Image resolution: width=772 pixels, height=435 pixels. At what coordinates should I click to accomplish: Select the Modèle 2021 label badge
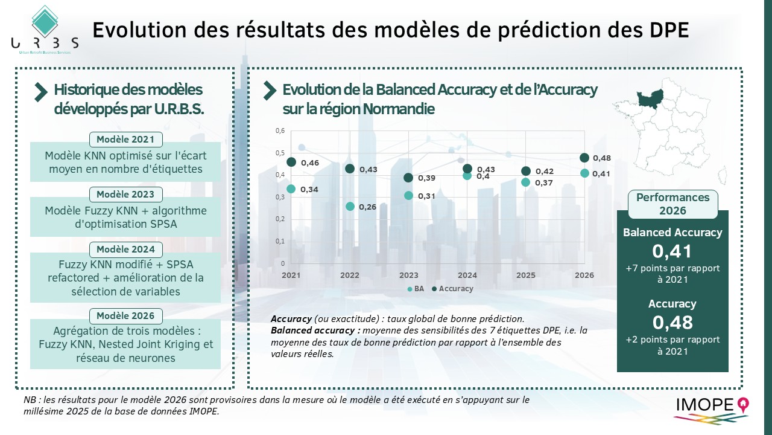[125, 140]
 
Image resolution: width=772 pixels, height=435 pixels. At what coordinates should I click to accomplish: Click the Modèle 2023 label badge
[125, 195]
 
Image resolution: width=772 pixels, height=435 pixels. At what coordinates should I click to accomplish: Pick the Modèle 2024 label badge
[125, 250]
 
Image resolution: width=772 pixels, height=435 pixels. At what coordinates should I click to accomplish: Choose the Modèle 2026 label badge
[125, 316]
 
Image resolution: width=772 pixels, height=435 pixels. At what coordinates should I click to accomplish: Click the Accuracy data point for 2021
[291, 162]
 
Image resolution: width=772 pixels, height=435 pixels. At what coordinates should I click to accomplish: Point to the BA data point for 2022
[350, 207]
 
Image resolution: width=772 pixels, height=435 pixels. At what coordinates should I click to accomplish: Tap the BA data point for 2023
[408, 195]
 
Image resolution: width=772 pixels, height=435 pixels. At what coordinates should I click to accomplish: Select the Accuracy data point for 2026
[584, 158]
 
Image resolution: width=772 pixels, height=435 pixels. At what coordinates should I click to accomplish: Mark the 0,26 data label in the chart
[367, 207]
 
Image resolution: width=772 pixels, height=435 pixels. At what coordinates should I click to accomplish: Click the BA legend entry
[416, 289]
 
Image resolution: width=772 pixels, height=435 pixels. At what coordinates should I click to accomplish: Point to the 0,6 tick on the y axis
[280, 130]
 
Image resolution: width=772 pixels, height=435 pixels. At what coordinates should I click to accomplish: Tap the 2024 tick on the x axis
[467, 275]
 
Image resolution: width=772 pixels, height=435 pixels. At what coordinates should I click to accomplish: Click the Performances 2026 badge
[672, 204]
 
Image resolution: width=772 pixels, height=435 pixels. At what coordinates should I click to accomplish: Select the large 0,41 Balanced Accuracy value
[672, 251]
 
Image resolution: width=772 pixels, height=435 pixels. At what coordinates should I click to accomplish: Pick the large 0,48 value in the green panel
[672, 322]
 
